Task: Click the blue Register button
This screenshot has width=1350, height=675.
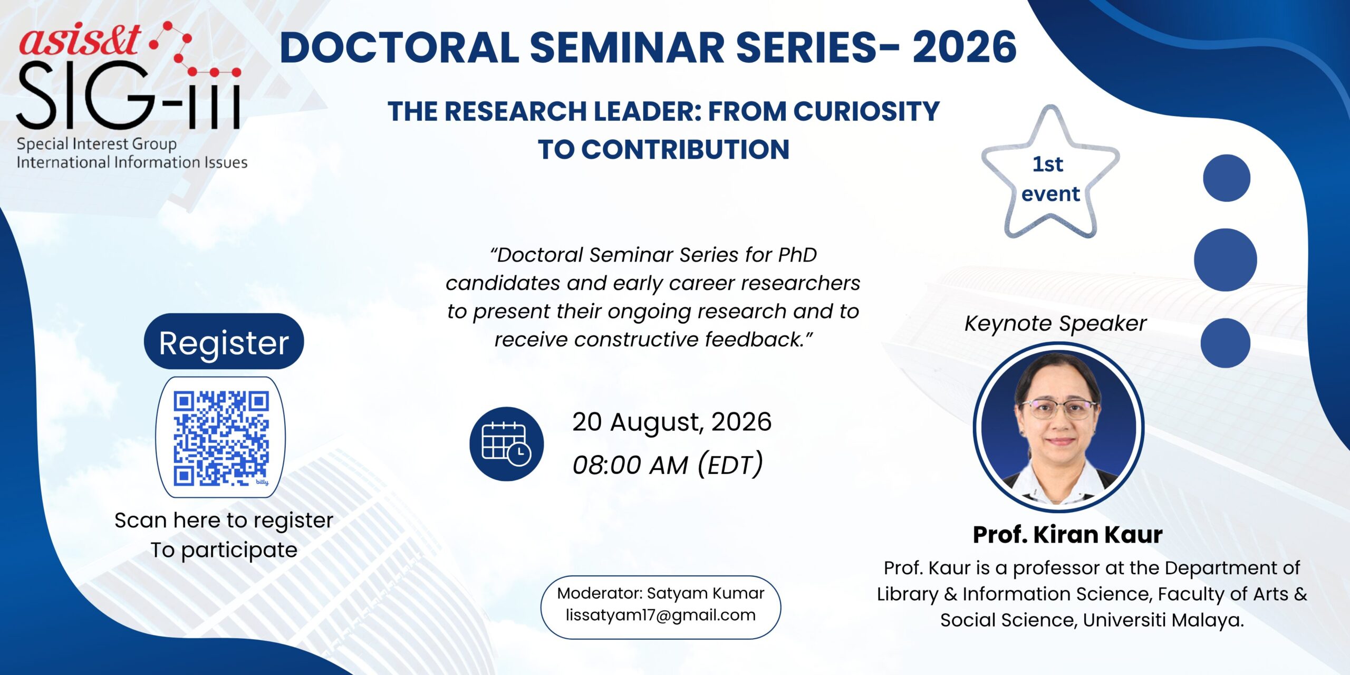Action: pyautogui.click(x=224, y=341)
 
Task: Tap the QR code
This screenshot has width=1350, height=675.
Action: pyautogui.click(x=221, y=438)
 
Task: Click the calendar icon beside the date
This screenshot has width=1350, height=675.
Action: pyautogui.click(x=506, y=443)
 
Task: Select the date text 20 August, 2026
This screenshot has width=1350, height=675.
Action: pyautogui.click(x=672, y=422)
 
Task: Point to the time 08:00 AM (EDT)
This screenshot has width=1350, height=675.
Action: pyautogui.click(x=668, y=465)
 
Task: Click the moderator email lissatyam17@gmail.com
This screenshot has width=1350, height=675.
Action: pyautogui.click(x=661, y=615)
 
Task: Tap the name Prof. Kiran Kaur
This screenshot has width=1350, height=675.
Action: pyautogui.click(x=1067, y=535)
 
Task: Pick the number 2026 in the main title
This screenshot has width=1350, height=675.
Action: pyautogui.click(x=965, y=47)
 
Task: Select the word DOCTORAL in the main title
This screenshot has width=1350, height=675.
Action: pyautogui.click(x=399, y=47)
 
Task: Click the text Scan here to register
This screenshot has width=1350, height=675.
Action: pyautogui.click(x=224, y=520)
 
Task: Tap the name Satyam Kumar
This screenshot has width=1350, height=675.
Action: pyautogui.click(x=706, y=593)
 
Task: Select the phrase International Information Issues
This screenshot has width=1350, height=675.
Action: pyautogui.click(x=132, y=162)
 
